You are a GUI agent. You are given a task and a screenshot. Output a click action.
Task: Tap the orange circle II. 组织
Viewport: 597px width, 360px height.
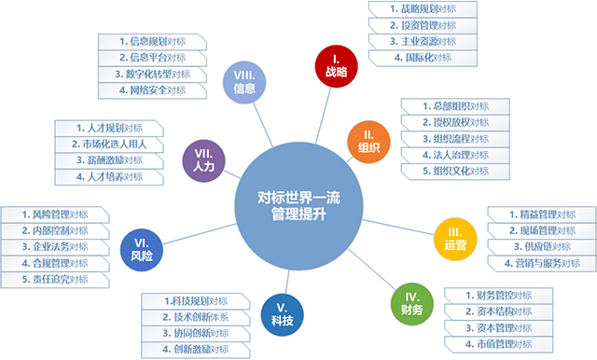tap(369, 141)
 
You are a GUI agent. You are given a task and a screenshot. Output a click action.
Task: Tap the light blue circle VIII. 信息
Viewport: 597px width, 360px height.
tap(245, 85)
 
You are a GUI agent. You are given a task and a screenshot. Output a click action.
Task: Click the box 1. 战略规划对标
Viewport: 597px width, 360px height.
tap(421, 10)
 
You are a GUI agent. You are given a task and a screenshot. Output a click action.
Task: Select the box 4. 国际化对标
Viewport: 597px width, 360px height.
tap(421, 58)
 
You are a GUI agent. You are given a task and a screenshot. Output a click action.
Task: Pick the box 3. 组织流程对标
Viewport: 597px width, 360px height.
tap(453, 138)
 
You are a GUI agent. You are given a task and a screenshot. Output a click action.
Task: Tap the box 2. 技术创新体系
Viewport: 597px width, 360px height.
tap(193, 317)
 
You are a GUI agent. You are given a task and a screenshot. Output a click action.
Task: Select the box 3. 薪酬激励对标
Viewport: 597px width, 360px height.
tap(105, 160)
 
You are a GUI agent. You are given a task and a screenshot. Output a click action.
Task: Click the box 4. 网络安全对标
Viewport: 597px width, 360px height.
tap(150, 90)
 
